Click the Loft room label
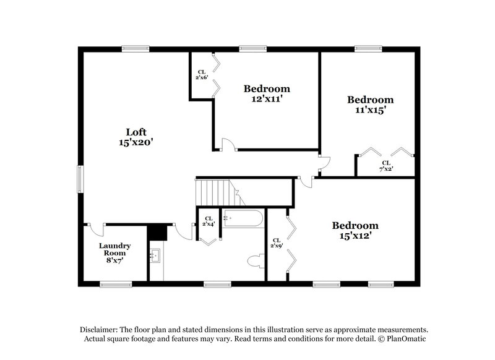pos(136,132)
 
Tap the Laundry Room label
pos(114,246)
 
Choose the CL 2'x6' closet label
pos(202,75)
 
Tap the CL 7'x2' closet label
pos(385,166)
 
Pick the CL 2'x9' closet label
pos(275,243)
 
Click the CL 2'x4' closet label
pos(209,221)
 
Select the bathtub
pos(243,218)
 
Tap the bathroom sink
pos(155,255)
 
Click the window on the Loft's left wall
pos(80,179)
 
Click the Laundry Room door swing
pos(96,228)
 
